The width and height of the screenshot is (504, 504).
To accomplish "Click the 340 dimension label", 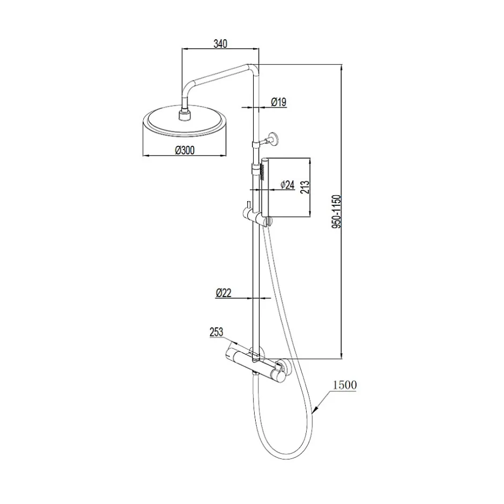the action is pyautogui.click(x=220, y=43).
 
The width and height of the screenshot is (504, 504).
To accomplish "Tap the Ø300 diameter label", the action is pyautogui.click(x=185, y=150).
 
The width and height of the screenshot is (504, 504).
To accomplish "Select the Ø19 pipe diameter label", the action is pyautogui.click(x=279, y=102).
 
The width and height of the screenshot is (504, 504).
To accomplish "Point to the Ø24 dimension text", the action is pyautogui.click(x=287, y=185).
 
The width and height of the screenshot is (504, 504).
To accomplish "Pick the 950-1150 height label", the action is pyautogui.click(x=336, y=211).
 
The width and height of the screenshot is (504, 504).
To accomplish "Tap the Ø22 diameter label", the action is pyautogui.click(x=224, y=293).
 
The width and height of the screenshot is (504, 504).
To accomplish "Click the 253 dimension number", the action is pyautogui.click(x=216, y=332).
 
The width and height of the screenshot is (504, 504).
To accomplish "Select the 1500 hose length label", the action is pyautogui.click(x=345, y=385).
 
